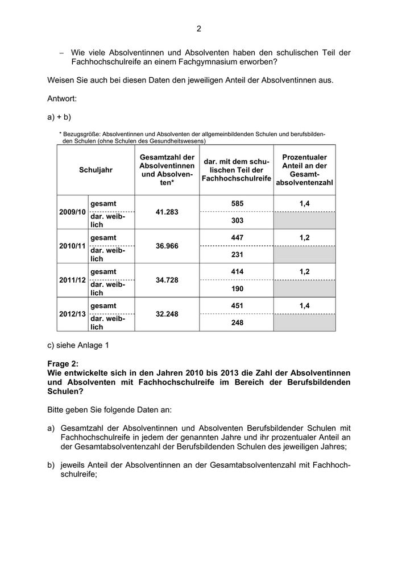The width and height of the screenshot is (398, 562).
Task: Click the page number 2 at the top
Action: pyautogui.click(x=199, y=29)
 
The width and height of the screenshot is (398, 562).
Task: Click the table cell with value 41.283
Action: pyautogui.click(x=167, y=212)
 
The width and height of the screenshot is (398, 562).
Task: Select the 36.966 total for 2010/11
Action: pyautogui.click(x=167, y=246)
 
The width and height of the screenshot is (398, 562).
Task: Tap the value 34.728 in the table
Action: pyautogui.click(x=167, y=280)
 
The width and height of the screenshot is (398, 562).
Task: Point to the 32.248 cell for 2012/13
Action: pyautogui.click(x=167, y=314)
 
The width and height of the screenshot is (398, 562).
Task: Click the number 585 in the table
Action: pyautogui.click(x=237, y=203)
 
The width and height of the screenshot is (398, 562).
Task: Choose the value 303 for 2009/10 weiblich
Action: pyautogui.click(x=237, y=220)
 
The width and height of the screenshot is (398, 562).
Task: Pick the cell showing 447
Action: pyautogui.click(x=237, y=237)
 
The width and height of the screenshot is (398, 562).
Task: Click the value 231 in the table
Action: pyautogui.click(x=237, y=254)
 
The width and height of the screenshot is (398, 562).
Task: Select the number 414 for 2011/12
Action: pyautogui.click(x=237, y=271)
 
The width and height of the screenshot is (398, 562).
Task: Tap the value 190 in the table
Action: pyautogui.click(x=237, y=288)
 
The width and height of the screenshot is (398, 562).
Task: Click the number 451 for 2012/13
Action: pyautogui.click(x=237, y=305)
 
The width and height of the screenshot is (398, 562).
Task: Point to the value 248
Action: pyautogui.click(x=237, y=322)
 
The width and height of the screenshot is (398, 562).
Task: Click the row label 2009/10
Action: pyautogui.click(x=72, y=212)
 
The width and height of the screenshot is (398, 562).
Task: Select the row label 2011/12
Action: pyautogui.click(x=72, y=280)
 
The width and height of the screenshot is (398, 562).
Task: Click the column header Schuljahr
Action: pyautogui.click(x=96, y=170)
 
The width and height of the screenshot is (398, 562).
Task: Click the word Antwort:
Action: pyautogui.click(x=62, y=99)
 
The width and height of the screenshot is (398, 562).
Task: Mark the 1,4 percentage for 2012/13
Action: pyautogui.click(x=304, y=305)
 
